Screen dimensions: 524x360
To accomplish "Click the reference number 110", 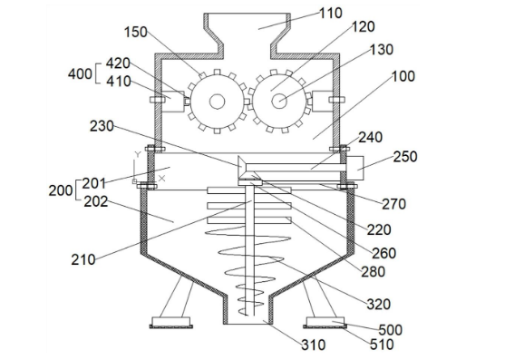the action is pos(331,14).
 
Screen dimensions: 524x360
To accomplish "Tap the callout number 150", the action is pos(136,32).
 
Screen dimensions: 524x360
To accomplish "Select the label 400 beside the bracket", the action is pos(80,73).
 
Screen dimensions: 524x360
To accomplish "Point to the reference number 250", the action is pos(405,157).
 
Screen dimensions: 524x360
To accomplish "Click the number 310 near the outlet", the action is pos(314,345).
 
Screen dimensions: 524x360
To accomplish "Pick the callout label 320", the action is pos(379,304).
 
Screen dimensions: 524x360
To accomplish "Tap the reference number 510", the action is pos(382,345).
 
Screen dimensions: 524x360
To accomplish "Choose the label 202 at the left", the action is pos(96,201).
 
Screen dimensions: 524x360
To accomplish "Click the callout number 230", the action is pos(102,126).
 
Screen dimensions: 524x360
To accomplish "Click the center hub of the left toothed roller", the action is pos(217,101).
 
